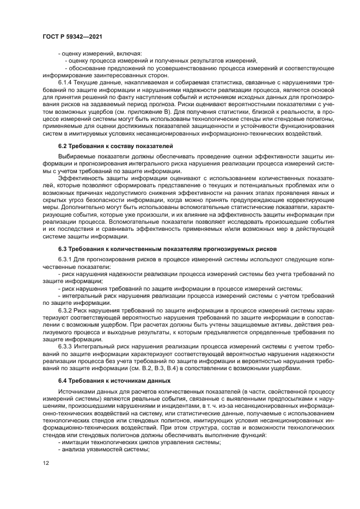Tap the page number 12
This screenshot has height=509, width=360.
pos(45,463)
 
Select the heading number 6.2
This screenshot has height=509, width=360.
pos(64,146)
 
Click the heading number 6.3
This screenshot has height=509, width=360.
pos(64,248)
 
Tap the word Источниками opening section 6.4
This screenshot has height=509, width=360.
pos(78,391)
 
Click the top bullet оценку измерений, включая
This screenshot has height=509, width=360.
pos(99,53)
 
